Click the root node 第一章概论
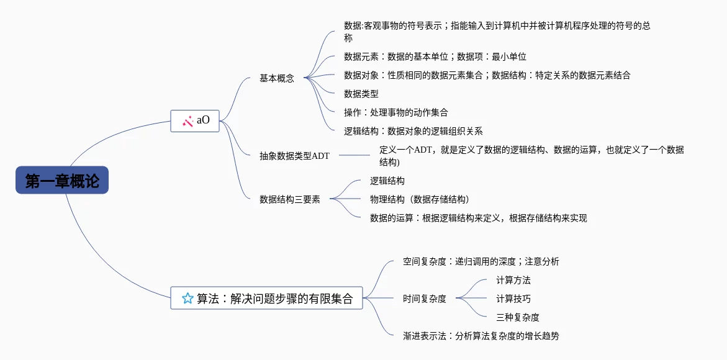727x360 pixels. click(x=62, y=181)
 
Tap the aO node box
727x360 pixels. click(x=195, y=120)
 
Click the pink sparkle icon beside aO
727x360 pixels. click(x=187, y=121)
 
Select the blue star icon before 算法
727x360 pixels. click(x=187, y=299)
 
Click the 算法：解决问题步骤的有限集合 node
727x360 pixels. click(x=266, y=299)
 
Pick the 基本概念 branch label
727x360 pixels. click(x=277, y=79)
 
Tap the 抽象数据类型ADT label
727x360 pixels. click(x=294, y=156)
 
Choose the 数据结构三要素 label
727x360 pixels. click(x=290, y=200)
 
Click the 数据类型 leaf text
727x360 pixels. click(x=361, y=94)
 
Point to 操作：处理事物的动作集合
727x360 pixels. click(x=396, y=112)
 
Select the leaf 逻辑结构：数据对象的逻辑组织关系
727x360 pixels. click(x=413, y=131)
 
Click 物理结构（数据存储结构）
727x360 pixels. click(x=419, y=199)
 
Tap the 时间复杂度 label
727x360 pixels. click(x=425, y=299)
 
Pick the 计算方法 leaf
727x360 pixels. click(x=513, y=280)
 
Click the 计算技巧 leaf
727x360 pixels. click(x=513, y=299)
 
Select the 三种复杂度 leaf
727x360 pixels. click(x=518, y=317)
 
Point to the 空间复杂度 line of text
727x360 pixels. click(x=481, y=261)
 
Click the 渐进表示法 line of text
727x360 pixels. click(x=481, y=336)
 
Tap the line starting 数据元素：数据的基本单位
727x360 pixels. click(x=435, y=56)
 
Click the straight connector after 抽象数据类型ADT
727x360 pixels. click(x=354, y=155)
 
